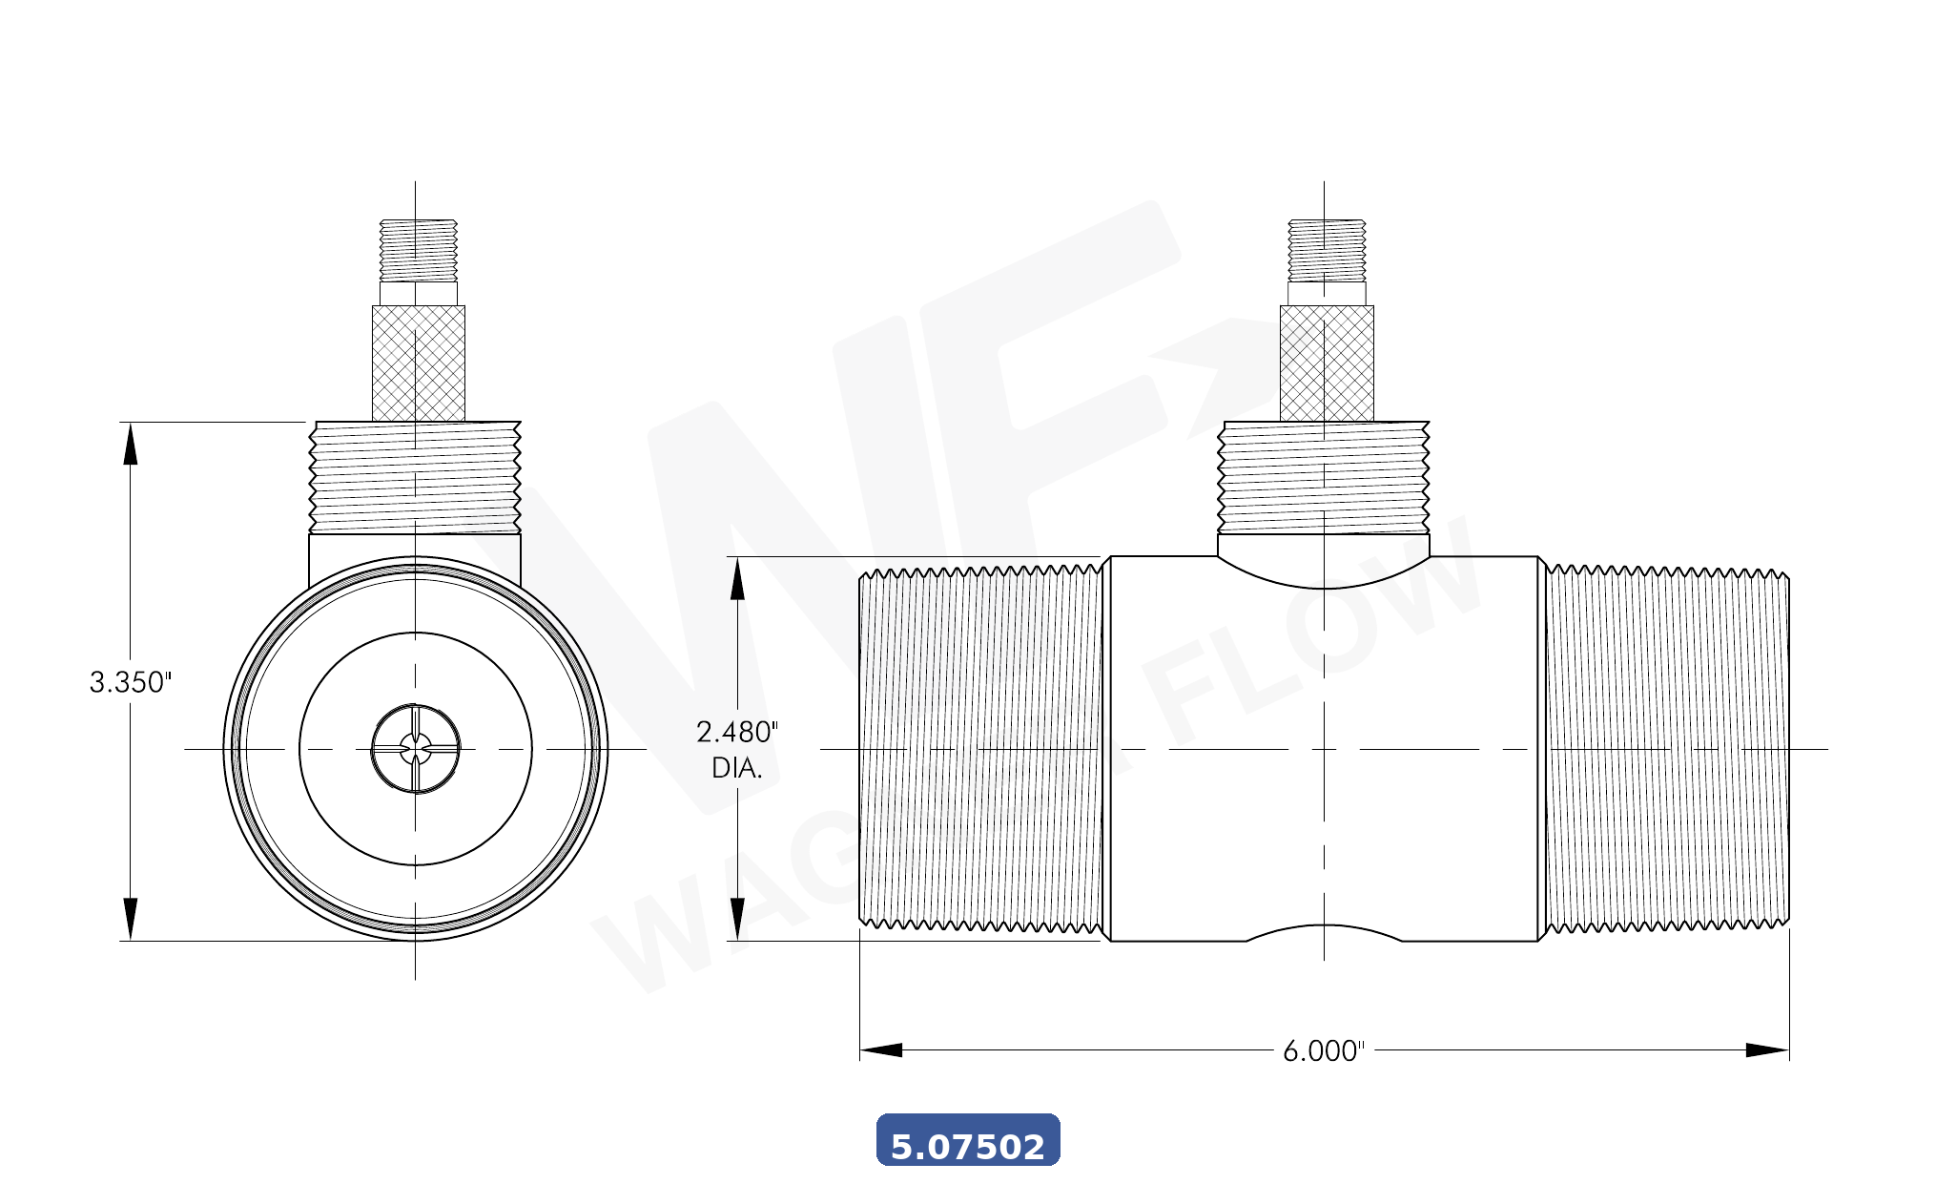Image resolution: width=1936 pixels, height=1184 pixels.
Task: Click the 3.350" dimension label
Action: pyautogui.click(x=131, y=682)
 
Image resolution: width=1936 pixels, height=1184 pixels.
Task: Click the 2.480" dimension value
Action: pyautogui.click(x=736, y=732)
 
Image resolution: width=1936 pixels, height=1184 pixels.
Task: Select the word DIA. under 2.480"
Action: pyautogui.click(x=736, y=768)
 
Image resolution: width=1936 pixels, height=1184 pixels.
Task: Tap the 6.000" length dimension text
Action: pyautogui.click(x=1323, y=1051)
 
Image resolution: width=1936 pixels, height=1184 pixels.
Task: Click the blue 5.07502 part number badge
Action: pyautogui.click(x=967, y=1140)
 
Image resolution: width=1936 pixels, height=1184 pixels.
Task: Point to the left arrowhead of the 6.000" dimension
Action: pyautogui.click(x=879, y=1050)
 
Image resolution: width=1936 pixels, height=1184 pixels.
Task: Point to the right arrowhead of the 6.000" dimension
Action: pyautogui.click(x=1768, y=1050)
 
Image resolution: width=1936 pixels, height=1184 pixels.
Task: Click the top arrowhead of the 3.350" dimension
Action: pyautogui.click(x=131, y=443)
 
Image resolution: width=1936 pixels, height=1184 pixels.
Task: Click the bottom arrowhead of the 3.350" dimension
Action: pyautogui.click(x=131, y=919)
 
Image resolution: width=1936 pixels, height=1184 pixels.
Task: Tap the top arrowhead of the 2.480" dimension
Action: pyautogui.click(x=737, y=578)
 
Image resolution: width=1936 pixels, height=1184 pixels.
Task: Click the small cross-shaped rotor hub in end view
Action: pyautogui.click(x=416, y=749)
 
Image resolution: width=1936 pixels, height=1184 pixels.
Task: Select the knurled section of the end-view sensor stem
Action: pyautogui.click(x=419, y=364)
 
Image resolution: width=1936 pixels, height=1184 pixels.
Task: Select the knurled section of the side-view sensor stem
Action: pyautogui.click(x=1327, y=364)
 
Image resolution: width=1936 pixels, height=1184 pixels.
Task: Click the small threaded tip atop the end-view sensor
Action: pyautogui.click(x=419, y=250)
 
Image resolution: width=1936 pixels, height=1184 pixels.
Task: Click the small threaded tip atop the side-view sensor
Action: pyautogui.click(x=1327, y=250)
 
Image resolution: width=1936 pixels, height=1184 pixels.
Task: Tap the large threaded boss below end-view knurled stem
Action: pyautogui.click(x=416, y=477)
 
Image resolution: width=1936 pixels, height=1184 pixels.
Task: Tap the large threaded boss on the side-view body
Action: pyautogui.click(x=1324, y=477)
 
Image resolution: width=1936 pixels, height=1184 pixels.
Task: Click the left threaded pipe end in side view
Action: pyautogui.click(x=980, y=749)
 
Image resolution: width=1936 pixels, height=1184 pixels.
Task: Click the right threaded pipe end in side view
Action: pyautogui.click(x=1666, y=749)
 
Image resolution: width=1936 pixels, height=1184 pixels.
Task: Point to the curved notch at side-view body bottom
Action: pyautogui.click(x=1324, y=931)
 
